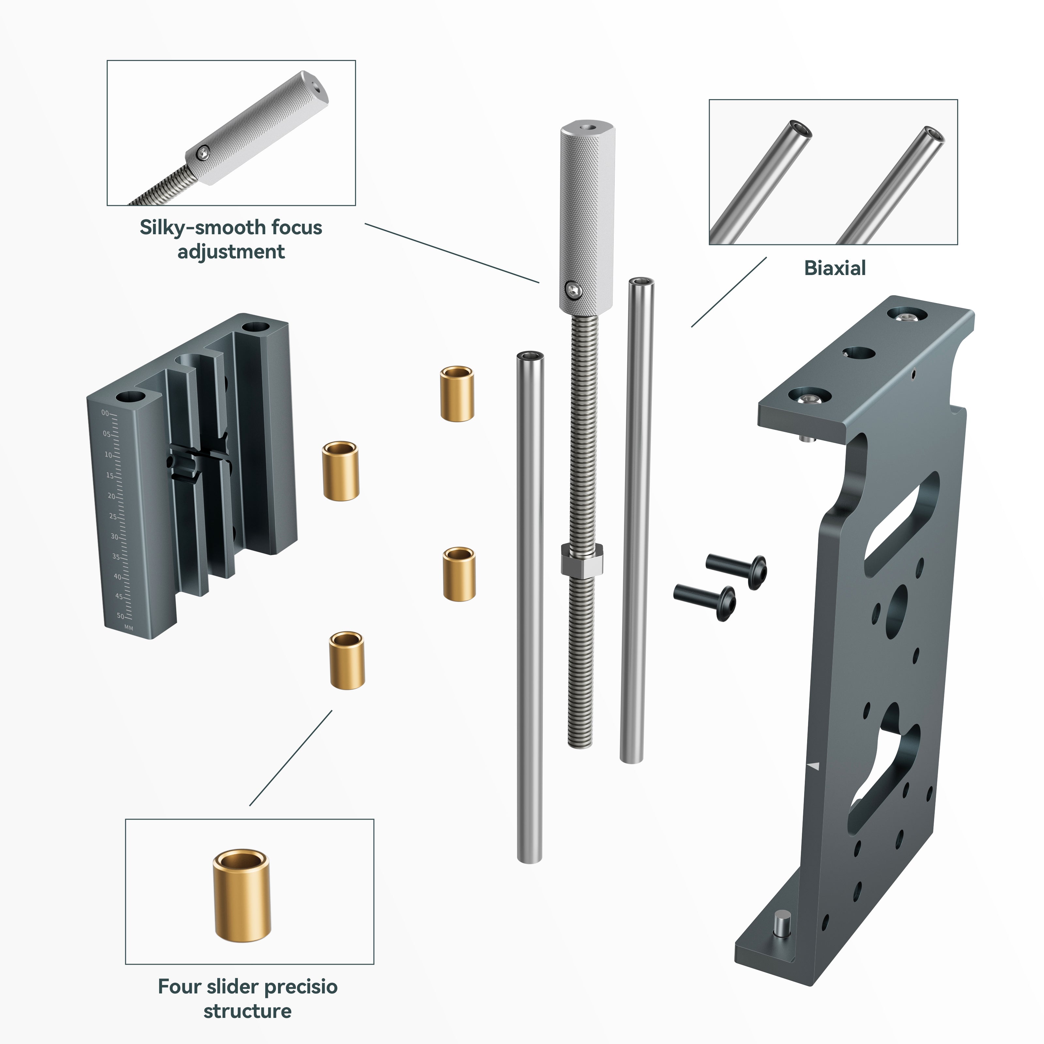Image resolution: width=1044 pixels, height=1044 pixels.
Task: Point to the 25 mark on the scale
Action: [x=113, y=516]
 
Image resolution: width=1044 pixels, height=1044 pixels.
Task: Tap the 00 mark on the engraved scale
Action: [x=105, y=413]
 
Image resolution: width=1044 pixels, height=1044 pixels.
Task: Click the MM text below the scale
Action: [x=129, y=627]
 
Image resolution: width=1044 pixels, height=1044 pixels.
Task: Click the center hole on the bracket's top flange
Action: [x=859, y=353]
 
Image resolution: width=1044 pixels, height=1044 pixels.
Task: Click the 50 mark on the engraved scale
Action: [x=120, y=616]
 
